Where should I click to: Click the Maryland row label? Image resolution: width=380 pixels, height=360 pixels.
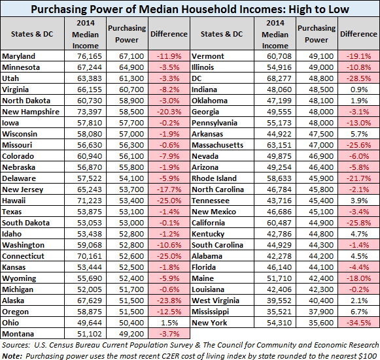pos(19,56)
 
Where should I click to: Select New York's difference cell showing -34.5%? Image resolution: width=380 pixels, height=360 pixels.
pos(358,323)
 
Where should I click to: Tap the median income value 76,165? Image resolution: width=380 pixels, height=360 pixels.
pos(90,56)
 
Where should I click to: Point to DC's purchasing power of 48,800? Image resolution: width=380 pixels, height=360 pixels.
pos(321,78)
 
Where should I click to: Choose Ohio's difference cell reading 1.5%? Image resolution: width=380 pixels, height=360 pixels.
pos(169,323)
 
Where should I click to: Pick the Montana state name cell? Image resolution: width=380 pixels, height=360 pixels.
pos(18,334)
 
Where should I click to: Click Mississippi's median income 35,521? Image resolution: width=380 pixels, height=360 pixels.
pos(279,312)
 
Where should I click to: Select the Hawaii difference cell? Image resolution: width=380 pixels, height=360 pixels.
pos(169,201)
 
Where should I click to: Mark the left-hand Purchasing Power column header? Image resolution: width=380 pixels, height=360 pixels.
pos(127,34)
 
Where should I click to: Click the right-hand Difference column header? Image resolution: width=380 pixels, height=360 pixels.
pos(358,34)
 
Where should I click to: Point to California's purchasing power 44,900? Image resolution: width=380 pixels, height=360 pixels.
pos(321,223)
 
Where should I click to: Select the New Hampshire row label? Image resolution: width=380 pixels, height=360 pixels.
pos(31,112)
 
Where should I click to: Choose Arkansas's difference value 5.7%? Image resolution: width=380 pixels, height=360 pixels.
pos(359,134)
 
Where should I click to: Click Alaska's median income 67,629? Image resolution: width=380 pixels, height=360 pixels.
pos(90,301)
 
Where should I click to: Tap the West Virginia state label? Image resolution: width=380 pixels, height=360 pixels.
pos(215,301)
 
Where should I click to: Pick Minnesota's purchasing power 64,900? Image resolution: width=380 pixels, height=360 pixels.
pos(131,67)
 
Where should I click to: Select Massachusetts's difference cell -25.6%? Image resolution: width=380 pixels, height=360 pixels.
pos(358,145)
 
